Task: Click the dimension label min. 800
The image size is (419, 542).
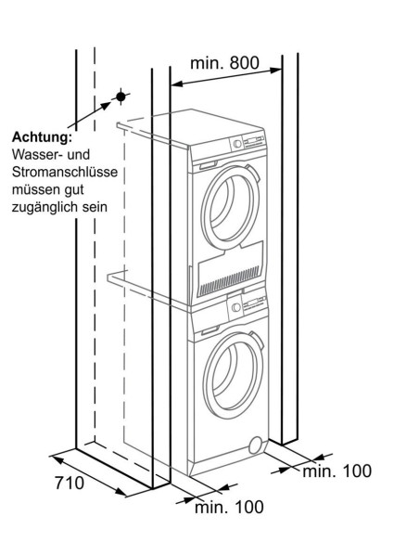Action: coord(224,63)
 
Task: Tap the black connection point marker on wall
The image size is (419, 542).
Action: coord(120,97)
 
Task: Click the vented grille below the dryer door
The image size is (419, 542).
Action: coord(225,273)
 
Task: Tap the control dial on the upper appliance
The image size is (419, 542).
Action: coord(237,144)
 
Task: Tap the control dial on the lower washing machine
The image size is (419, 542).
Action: coord(237,306)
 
